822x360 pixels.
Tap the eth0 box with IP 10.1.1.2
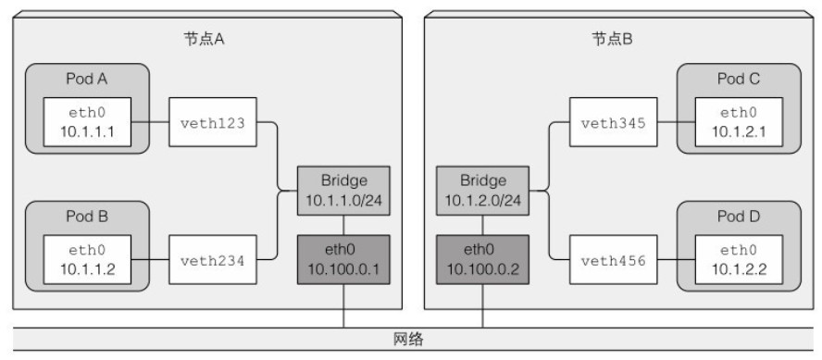[86, 261]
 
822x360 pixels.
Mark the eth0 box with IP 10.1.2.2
[738, 261]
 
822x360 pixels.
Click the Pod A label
[87, 79]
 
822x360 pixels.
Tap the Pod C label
[738, 79]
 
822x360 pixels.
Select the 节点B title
[612, 40]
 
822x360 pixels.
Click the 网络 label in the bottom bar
[410, 339]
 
